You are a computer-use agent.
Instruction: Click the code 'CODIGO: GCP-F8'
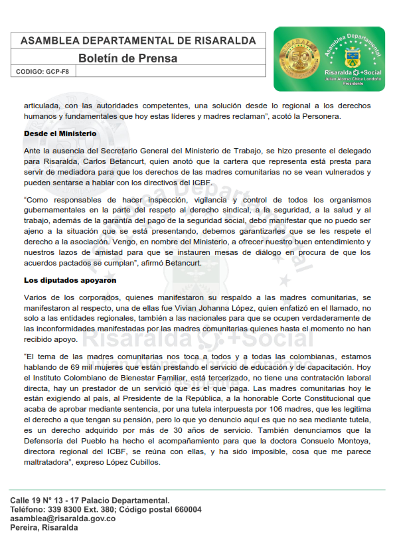pos(42,71)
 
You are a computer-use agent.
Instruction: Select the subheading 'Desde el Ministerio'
pos(60,133)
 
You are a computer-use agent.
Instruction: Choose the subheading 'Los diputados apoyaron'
pos(70,280)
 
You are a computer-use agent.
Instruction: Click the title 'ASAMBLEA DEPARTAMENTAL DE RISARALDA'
pos(138,41)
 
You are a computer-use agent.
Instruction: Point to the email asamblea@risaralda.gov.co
pos(62,519)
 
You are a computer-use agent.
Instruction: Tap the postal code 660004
pos(187,509)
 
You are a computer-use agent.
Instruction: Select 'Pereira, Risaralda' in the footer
pos(44,528)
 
